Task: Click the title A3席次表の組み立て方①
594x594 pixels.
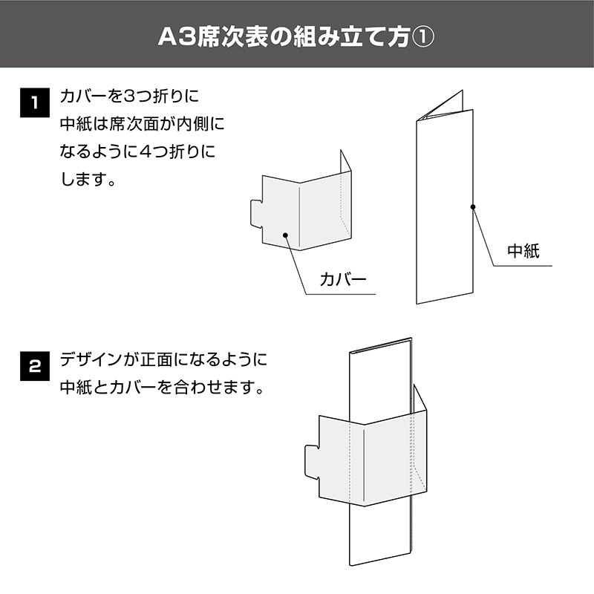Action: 296,36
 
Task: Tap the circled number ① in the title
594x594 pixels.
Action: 422,37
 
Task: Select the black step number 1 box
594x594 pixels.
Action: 35,102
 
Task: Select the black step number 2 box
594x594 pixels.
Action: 35,366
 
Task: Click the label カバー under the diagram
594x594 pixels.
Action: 343,280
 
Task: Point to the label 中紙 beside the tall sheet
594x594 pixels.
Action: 523,251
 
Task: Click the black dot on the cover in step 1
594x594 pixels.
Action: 286,235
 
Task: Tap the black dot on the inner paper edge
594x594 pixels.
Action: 473,207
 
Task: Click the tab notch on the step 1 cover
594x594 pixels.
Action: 256,214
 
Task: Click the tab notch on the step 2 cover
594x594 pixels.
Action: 311,462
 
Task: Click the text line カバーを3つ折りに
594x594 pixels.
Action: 129,97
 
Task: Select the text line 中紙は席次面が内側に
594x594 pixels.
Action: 142,124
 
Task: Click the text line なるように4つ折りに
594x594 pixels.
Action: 137,151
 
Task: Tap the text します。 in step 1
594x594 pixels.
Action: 88,179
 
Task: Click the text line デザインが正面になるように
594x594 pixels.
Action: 163,359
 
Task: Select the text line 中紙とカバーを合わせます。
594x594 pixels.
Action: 162,387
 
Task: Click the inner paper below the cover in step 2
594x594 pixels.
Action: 380,534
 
